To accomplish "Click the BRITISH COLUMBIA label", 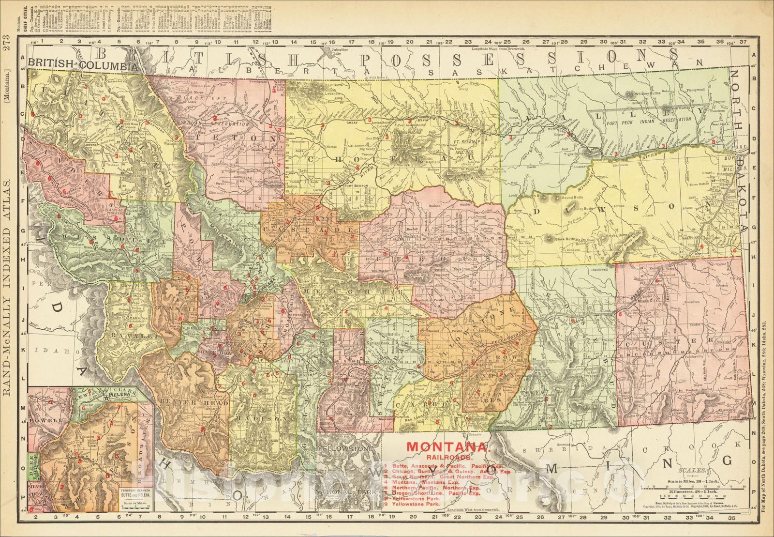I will click(82, 63).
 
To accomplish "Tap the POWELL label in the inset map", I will click(46, 420).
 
